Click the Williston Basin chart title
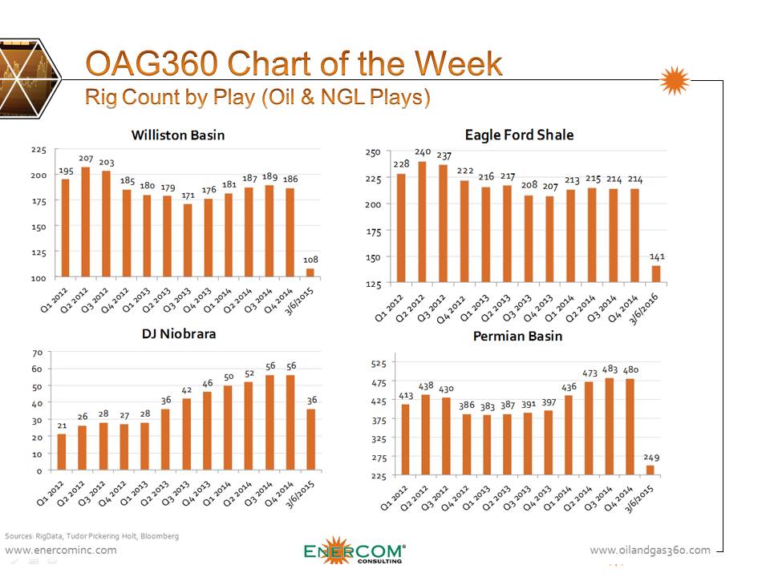coord(178,135)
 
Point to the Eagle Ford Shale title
coord(519,135)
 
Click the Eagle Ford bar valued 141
coord(657,274)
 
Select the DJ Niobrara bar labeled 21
coord(62,452)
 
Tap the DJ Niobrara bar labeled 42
coord(187,434)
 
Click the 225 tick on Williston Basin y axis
coord(38,150)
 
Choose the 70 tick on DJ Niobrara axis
coord(37,353)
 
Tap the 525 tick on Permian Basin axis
coord(378,364)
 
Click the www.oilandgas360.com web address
coord(650,550)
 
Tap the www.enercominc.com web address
coord(61,550)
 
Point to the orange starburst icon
coord(675,81)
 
